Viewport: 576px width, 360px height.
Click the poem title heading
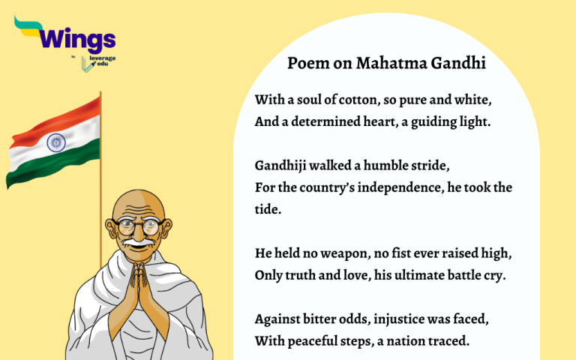tap(386, 63)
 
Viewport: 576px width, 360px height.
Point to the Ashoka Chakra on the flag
tap(55, 142)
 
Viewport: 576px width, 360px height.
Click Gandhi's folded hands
tap(136, 289)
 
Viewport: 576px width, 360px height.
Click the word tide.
tap(268, 209)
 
